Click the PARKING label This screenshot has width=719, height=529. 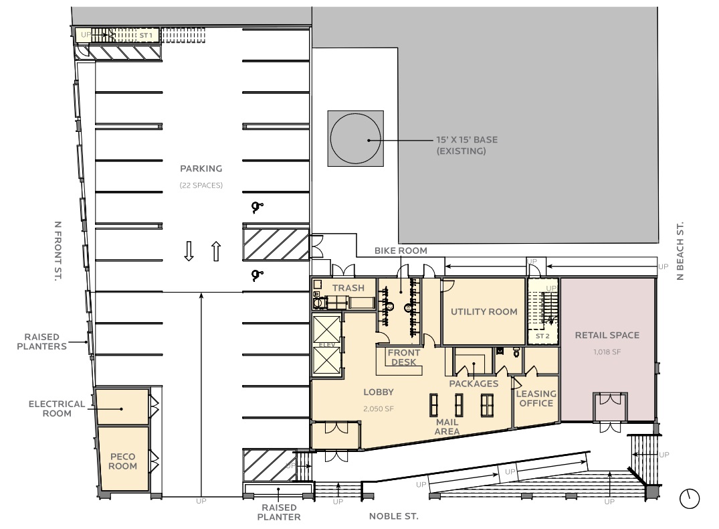tap(201, 169)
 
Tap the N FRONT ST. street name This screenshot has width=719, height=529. tap(58, 250)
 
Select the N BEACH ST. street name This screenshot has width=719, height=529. tap(680, 250)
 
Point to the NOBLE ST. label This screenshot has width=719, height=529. tap(393, 516)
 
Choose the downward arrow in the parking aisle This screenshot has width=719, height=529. tap(189, 251)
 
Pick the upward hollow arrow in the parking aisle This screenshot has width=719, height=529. tap(217, 251)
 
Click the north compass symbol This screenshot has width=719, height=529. tap(689, 499)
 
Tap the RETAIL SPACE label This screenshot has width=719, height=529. tap(607, 335)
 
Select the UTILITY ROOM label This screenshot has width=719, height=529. tap(484, 312)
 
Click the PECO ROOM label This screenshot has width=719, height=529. tap(122, 461)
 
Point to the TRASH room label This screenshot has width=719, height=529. tap(348, 288)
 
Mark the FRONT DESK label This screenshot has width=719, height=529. tap(403, 358)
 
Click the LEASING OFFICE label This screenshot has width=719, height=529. tap(536, 398)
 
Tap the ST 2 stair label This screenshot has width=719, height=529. tap(542, 336)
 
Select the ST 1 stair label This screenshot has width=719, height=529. tap(146, 35)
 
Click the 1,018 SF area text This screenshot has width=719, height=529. tap(607, 352)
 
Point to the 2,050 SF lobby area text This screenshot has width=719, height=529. tap(379, 408)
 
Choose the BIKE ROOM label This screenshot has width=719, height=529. tap(401, 250)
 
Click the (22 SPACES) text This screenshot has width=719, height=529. tap(201, 185)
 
